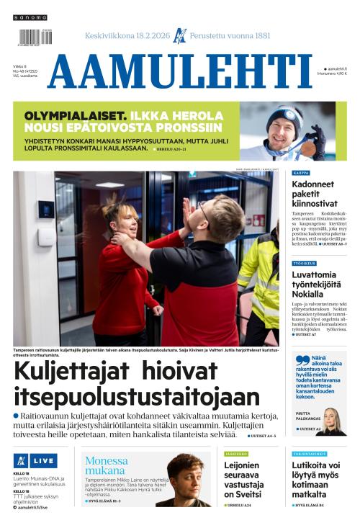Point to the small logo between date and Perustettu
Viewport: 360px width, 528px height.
pos(180,35)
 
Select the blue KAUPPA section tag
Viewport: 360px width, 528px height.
pos(301,174)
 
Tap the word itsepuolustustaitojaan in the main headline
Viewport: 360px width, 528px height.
pos(137,396)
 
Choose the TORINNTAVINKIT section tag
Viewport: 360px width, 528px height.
pos(309,454)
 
